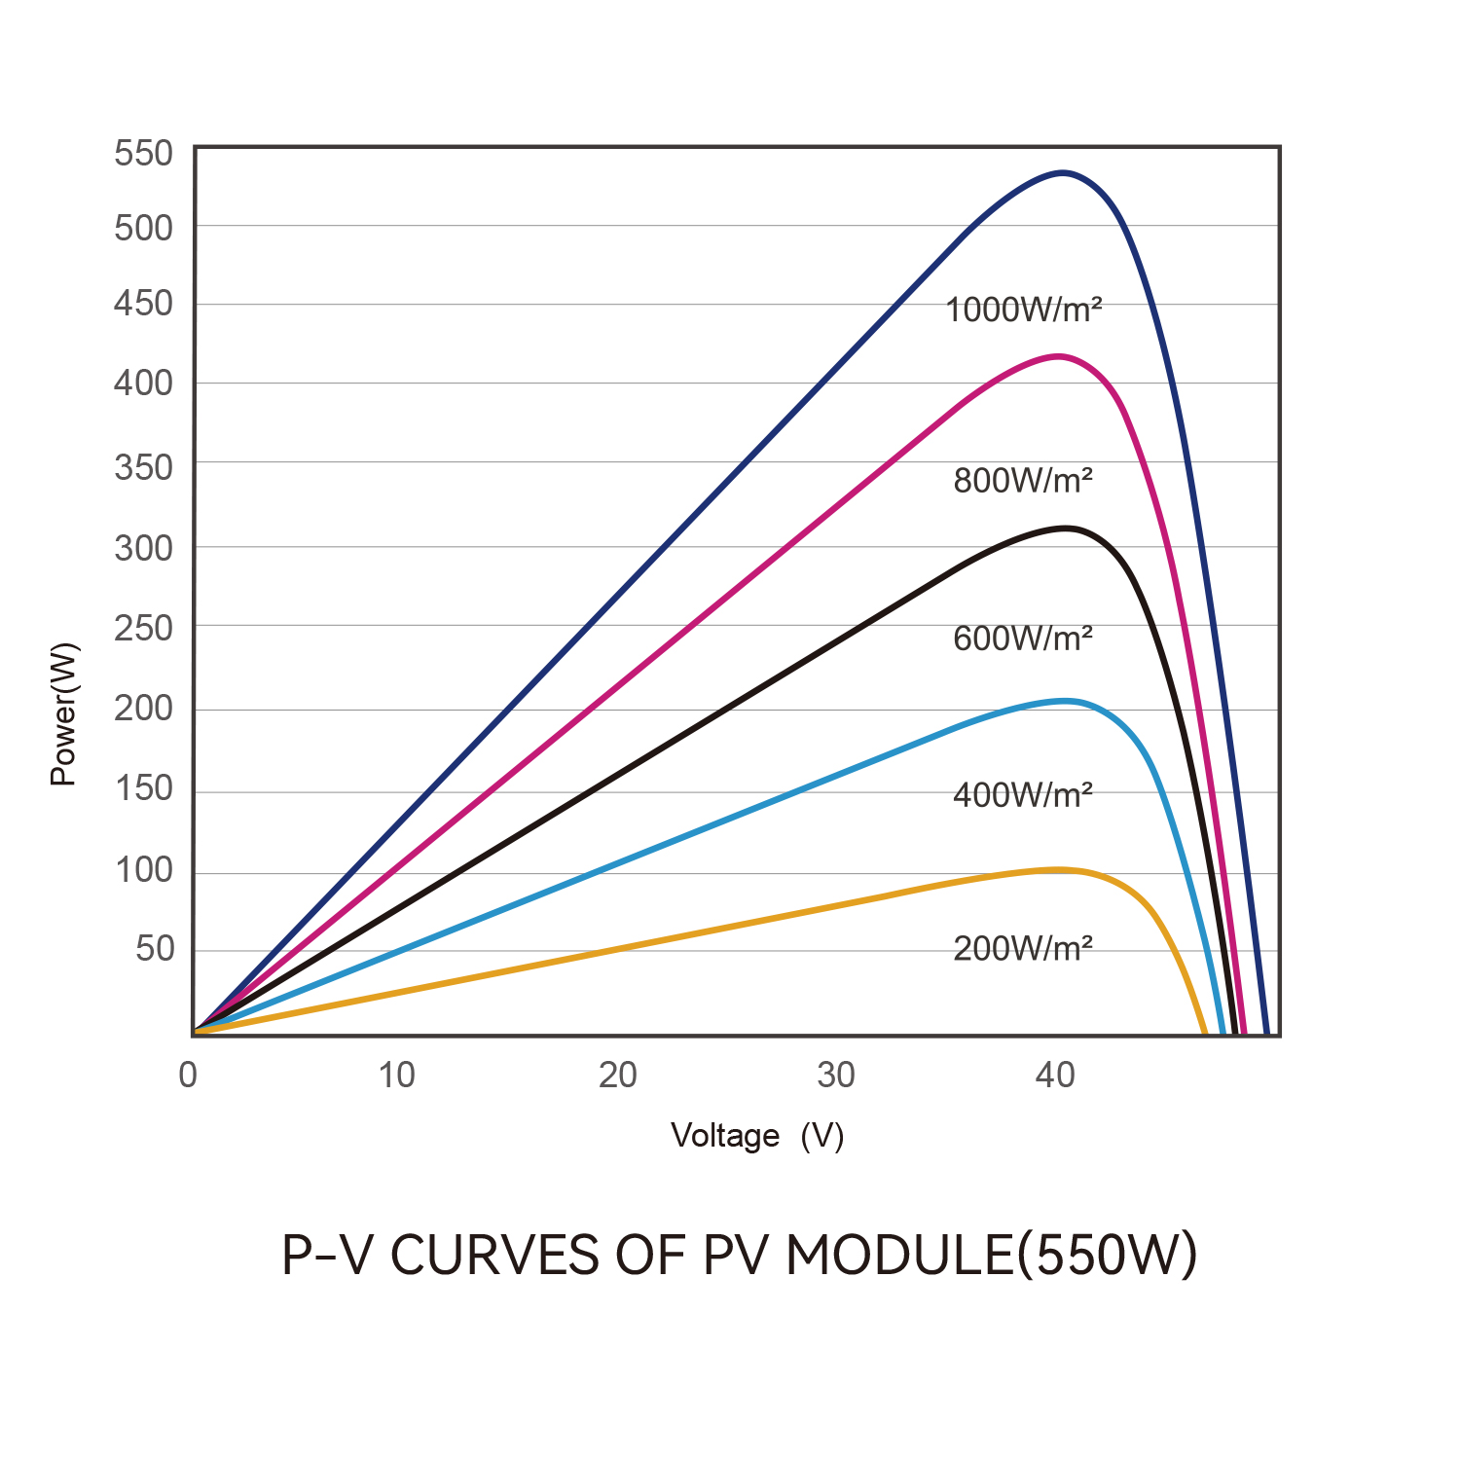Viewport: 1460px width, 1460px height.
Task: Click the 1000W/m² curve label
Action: (x=1023, y=310)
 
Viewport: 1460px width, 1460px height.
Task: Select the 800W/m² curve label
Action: (x=1023, y=480)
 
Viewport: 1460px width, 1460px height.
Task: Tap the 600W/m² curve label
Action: (x=1023, y=639)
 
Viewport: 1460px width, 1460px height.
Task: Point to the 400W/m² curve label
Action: (x=1023, y=795)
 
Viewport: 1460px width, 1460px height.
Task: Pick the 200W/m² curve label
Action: (x=1023, y=948)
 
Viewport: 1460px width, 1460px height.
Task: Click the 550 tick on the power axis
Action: (x=143, y=154)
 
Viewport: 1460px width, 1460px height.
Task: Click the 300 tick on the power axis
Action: (x=143, y=549)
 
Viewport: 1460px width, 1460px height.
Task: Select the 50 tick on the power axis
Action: (x=155, y=948)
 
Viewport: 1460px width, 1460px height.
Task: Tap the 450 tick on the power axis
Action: (x=143, y=304)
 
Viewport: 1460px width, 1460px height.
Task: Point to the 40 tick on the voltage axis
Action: (x=1055, y=1076)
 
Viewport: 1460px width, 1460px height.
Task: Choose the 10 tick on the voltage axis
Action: (x=396, y=1076)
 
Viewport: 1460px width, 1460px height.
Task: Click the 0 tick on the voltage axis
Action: (x=188, y=1076)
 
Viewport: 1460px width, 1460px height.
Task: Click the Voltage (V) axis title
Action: (x=757, y=1135)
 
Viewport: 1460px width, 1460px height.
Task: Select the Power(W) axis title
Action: (x=64, y=713)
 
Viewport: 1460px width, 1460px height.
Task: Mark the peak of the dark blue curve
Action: (x=1063, y=172)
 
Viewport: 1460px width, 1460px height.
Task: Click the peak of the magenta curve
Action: (x=1058, y=356)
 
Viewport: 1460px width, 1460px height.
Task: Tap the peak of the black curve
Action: (x=1067, y=529)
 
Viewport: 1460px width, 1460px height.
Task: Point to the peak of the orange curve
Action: (x=1058, y=869)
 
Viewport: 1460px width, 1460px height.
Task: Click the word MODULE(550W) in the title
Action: (x=991, y=1256)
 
